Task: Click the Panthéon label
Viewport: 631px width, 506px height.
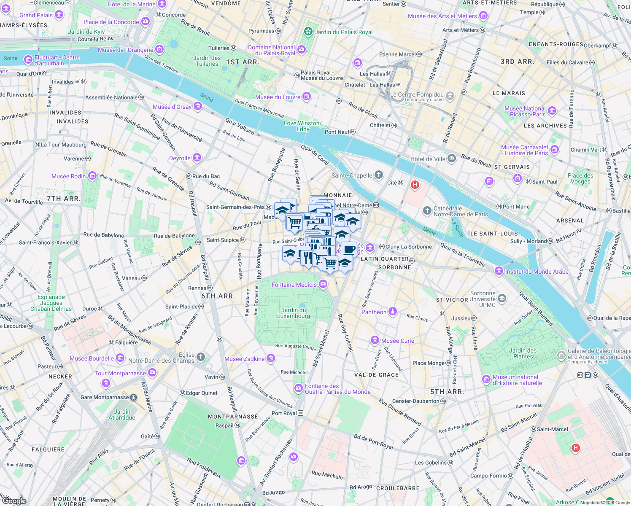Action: (374, 312)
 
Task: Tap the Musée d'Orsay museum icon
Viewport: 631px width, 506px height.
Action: (197, 107)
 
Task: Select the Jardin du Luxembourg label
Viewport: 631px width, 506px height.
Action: (294, 313)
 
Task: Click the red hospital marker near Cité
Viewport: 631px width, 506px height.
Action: (415, 185)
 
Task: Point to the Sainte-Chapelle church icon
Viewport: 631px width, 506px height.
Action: (379, 175)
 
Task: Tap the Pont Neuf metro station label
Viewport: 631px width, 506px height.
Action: (337, 132)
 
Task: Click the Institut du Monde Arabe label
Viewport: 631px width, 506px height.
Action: (537, 272)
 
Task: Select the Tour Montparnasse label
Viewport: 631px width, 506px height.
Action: (120, 373)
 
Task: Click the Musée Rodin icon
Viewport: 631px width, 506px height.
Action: (92, 176)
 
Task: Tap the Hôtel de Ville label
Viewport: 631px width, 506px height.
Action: (427, 159)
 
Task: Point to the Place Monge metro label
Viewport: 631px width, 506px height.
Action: (428, 363)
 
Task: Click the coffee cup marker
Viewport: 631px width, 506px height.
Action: (349, 249)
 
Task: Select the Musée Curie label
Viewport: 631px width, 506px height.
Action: (397, 341)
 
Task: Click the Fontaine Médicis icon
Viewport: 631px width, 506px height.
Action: (323, 285)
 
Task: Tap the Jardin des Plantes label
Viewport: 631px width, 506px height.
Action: (523, 353)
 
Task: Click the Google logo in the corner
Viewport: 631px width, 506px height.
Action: (14, 501)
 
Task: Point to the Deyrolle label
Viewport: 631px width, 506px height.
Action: (180, 158)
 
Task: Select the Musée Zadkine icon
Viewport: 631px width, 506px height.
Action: (271, 359)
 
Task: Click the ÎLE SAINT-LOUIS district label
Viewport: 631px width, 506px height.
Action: (493, 234)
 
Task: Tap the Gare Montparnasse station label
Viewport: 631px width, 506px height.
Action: (105, 397)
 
